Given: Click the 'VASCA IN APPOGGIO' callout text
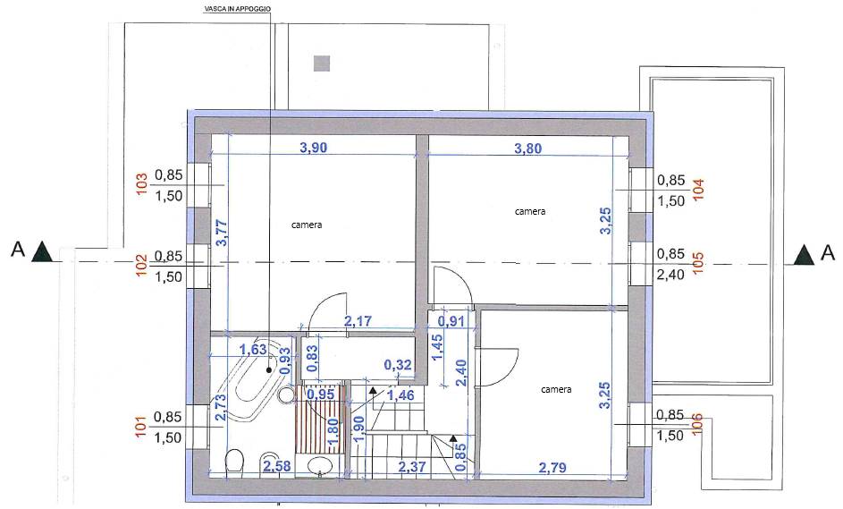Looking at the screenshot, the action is (x=237, y=9).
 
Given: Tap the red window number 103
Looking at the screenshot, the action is (x=142, y=183).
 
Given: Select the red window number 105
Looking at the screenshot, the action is (x=698, y=263).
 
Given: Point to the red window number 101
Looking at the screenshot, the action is (x=141, y=426).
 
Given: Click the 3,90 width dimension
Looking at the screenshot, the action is (x=313, y=147).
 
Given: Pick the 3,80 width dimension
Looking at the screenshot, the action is (x=528, y=148).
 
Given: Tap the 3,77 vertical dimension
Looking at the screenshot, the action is (x=222, y=233).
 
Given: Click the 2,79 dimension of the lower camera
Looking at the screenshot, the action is (x=552, y=468).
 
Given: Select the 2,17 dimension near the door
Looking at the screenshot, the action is (x=358, y=321).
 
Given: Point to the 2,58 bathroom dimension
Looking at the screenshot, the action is (x=277, y=466).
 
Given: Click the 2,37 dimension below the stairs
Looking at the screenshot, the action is (x=412, y=466).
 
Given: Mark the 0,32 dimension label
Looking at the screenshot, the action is (x=398, y=365).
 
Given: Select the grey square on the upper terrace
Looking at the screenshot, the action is (x=322, y=64).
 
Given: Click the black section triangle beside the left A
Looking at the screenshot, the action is (x=42, y=252).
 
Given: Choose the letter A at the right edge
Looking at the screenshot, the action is (x=829, y=253).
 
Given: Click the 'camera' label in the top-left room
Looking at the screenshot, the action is (x=307, y=225).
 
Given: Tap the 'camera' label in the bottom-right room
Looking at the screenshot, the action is (x=556, y=389).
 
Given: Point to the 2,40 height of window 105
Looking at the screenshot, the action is (x=670, y=275).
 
